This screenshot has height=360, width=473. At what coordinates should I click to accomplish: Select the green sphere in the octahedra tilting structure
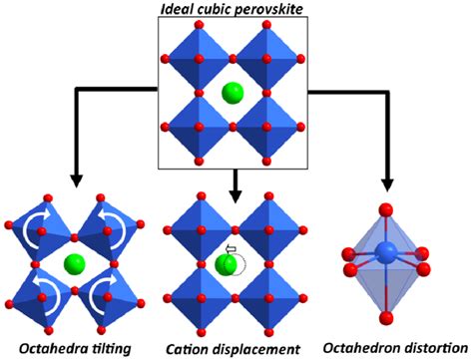pos(72,265)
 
